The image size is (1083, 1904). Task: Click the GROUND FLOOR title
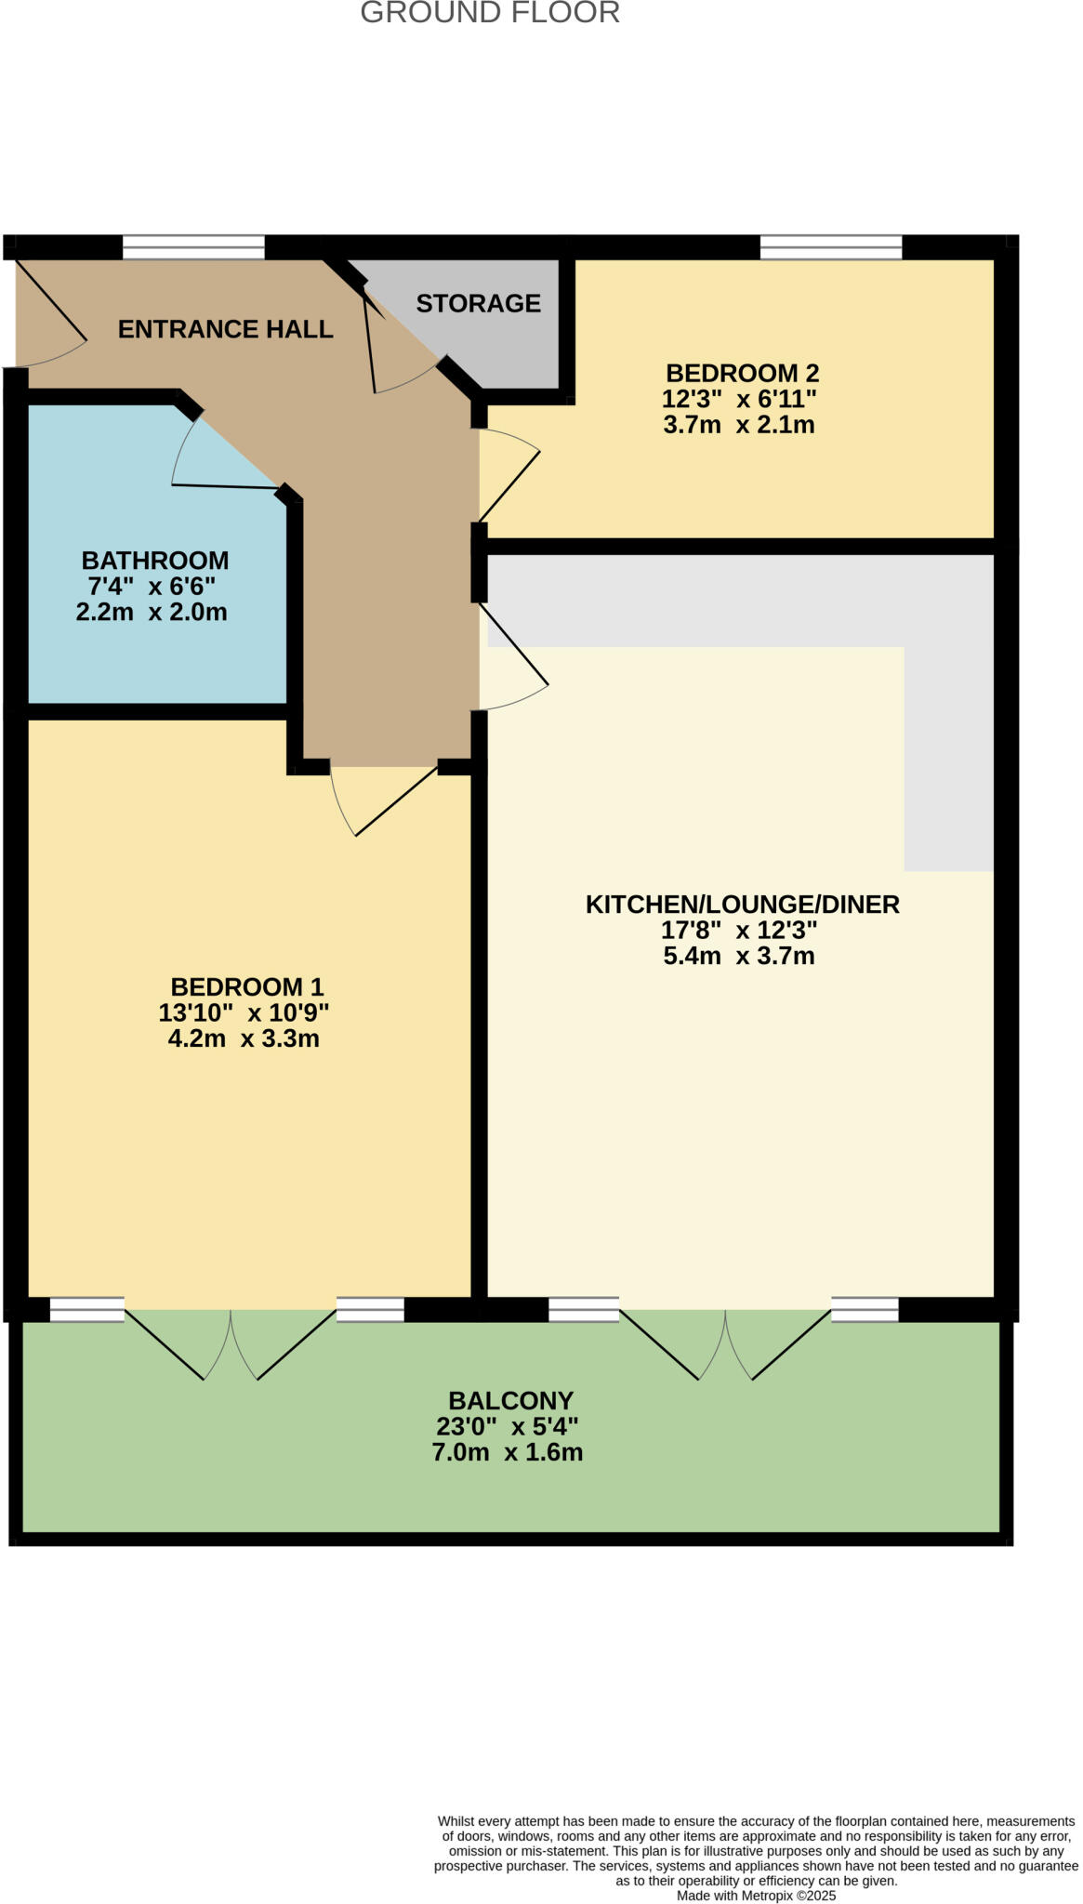(490, 13)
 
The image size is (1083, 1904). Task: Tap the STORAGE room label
(478, 303)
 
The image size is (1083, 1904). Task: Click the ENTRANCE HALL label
(225, 329)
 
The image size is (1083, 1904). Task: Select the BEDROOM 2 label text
(742, 373)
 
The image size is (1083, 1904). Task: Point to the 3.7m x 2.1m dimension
(739, 425)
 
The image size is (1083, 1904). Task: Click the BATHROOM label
(155, 561)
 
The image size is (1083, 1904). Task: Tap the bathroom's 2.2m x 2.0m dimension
(152, 612)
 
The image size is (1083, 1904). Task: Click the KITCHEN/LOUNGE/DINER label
(742, 904)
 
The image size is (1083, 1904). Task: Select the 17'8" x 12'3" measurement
(739, 930)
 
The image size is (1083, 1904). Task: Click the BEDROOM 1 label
(247, 986)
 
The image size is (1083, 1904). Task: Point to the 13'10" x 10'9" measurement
(244, 1012)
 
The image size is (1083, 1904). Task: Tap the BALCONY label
(510, 1400)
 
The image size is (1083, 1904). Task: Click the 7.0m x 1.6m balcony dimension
(508, 1452)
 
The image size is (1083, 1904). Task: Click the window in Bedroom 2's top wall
(831, 247)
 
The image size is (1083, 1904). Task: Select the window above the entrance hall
(193, 247)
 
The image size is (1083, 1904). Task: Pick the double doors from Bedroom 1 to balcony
(231, 1342)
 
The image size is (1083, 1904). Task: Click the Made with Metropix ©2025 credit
(756, 1896)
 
